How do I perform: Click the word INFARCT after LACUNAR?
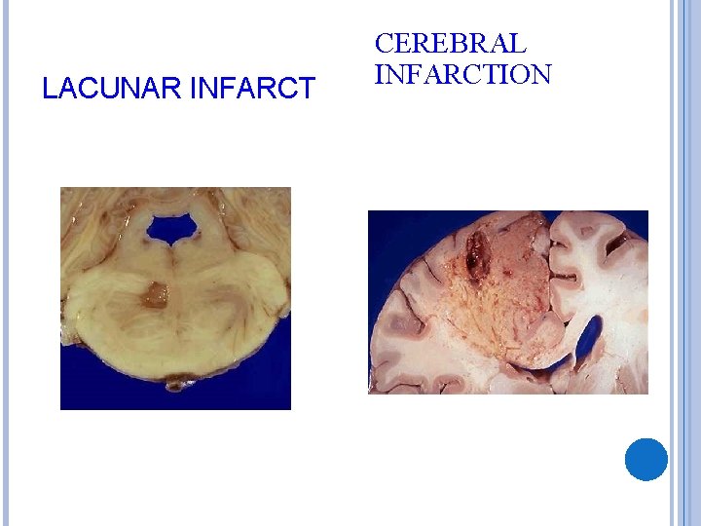pyautogui.click(x=255, y=90)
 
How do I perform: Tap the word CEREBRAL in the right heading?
pyautogui.click(x=450, y=44)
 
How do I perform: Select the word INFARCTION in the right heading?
pyautogui.click(x=462, y=74)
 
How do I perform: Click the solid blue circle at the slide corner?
pyautogui.click(x=646, y=459)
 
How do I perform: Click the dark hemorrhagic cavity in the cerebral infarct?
pyautogui.click(x=477, y=252)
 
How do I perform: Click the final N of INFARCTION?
pyautogui.click(x=541, y=74)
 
